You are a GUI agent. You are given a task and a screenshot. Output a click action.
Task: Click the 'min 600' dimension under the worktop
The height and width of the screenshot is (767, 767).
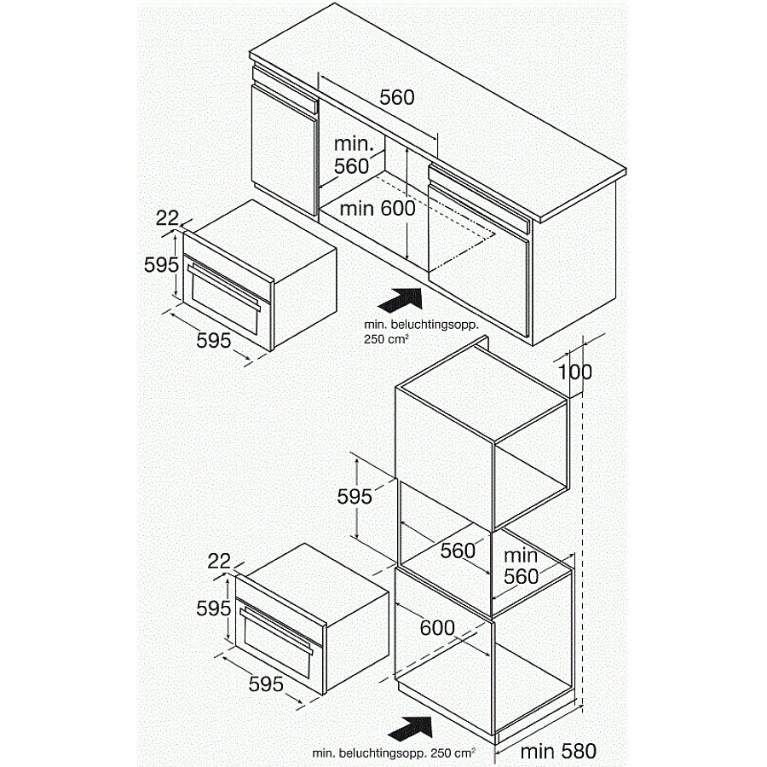378,209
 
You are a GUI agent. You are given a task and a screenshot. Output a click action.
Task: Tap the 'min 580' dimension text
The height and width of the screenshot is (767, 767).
558,751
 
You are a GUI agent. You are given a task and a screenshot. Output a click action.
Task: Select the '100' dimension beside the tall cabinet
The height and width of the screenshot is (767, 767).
574,372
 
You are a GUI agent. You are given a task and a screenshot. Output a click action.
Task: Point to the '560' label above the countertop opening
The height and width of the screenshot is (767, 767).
396,97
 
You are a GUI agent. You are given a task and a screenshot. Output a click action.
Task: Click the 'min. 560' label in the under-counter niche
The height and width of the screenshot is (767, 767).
353,155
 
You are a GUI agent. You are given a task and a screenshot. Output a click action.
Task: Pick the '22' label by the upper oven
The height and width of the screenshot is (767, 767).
167,218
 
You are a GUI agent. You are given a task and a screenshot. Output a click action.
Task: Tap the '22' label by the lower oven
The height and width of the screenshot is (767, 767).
219,562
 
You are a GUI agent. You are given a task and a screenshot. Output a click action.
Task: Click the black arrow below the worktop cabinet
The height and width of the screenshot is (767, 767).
401,299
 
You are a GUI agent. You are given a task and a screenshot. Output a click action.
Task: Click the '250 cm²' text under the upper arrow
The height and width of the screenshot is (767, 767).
386,339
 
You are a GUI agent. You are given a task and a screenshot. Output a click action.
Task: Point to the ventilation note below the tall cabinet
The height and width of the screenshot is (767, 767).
394,753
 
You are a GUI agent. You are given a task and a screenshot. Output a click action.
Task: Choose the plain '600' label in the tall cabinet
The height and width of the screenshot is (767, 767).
437,627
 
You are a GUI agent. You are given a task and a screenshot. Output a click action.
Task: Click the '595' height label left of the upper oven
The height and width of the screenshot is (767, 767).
161,265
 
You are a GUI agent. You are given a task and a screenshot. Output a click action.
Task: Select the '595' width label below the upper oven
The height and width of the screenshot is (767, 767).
214,340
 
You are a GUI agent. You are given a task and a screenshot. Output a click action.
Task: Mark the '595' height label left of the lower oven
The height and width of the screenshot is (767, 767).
214,608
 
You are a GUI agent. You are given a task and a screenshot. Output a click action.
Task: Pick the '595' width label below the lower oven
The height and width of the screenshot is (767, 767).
266,683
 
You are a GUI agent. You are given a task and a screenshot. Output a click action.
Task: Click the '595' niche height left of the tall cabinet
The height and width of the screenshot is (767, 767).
355,497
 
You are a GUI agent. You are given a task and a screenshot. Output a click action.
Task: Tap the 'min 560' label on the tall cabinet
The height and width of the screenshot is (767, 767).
521,566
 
